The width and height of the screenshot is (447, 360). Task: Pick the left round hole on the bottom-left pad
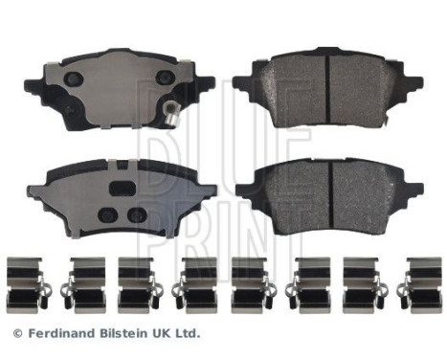(106, 214)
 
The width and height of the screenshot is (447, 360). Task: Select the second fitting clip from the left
(81, 281)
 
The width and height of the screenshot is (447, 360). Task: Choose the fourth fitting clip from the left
(195, 281)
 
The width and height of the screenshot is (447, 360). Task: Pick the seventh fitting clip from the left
(365, 281)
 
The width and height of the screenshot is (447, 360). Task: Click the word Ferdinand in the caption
(59, 334)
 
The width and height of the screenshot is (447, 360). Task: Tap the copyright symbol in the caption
(17, 334)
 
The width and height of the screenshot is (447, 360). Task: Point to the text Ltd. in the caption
(187, 334)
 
